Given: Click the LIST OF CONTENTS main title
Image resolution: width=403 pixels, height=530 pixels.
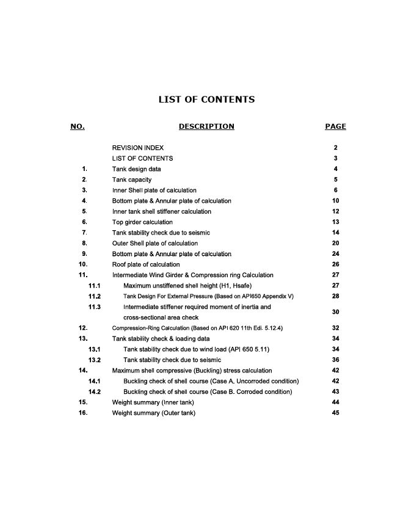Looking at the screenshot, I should [x=206, y=100].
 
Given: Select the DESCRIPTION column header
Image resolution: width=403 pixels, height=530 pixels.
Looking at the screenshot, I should [x=206, y=126].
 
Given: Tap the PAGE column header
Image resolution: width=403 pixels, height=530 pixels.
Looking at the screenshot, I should [x=335, y=126].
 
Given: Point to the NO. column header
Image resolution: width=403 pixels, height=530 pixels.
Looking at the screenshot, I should [x=78, y=126].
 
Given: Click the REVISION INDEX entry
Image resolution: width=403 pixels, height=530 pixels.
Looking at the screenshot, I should [x=138, y=148].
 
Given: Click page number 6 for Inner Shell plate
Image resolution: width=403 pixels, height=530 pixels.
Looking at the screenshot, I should [x=336, y=191].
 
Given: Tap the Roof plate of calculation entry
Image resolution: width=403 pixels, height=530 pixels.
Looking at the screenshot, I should [x=146, y=264].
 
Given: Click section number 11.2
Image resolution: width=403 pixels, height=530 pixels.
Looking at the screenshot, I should [x=95, y=296].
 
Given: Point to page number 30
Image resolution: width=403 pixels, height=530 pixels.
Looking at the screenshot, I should [x=336, y=312].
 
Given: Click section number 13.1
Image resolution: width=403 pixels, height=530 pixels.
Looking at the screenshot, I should [x=95, y=349].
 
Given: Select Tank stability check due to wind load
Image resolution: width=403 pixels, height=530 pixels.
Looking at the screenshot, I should [x=197, y=349].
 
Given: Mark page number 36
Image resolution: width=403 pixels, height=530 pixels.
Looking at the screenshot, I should [x=336, y=360].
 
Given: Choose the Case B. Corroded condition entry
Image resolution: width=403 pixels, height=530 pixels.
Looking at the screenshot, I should [x=208, y=391].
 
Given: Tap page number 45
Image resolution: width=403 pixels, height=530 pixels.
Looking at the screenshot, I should [x=336, y=413].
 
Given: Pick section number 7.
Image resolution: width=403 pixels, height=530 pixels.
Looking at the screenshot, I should [x=84, y=233].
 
